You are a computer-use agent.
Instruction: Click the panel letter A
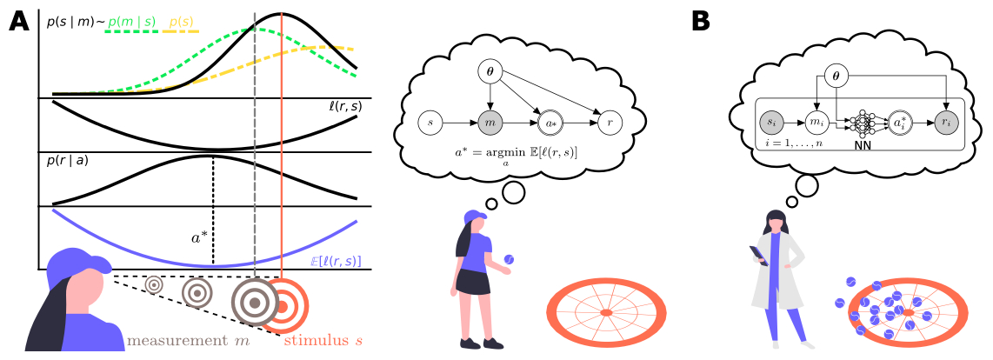tap(18, 22)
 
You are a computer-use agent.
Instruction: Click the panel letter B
tap(700, 22)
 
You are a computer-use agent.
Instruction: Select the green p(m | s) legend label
tap(131, 19)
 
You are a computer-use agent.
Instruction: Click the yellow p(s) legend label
tap(181, 19)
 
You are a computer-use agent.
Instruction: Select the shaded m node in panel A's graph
tap(491, 123)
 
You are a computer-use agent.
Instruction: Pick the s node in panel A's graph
tap(431, 123)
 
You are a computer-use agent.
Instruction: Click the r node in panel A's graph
tap(610, 123)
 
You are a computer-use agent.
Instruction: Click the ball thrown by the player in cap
tap(510, 258)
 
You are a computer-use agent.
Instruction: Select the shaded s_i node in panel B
tap(770, 124)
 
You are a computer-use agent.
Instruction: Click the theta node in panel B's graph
tap(835, 77)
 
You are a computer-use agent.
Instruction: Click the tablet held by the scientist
tap(757, 252)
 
